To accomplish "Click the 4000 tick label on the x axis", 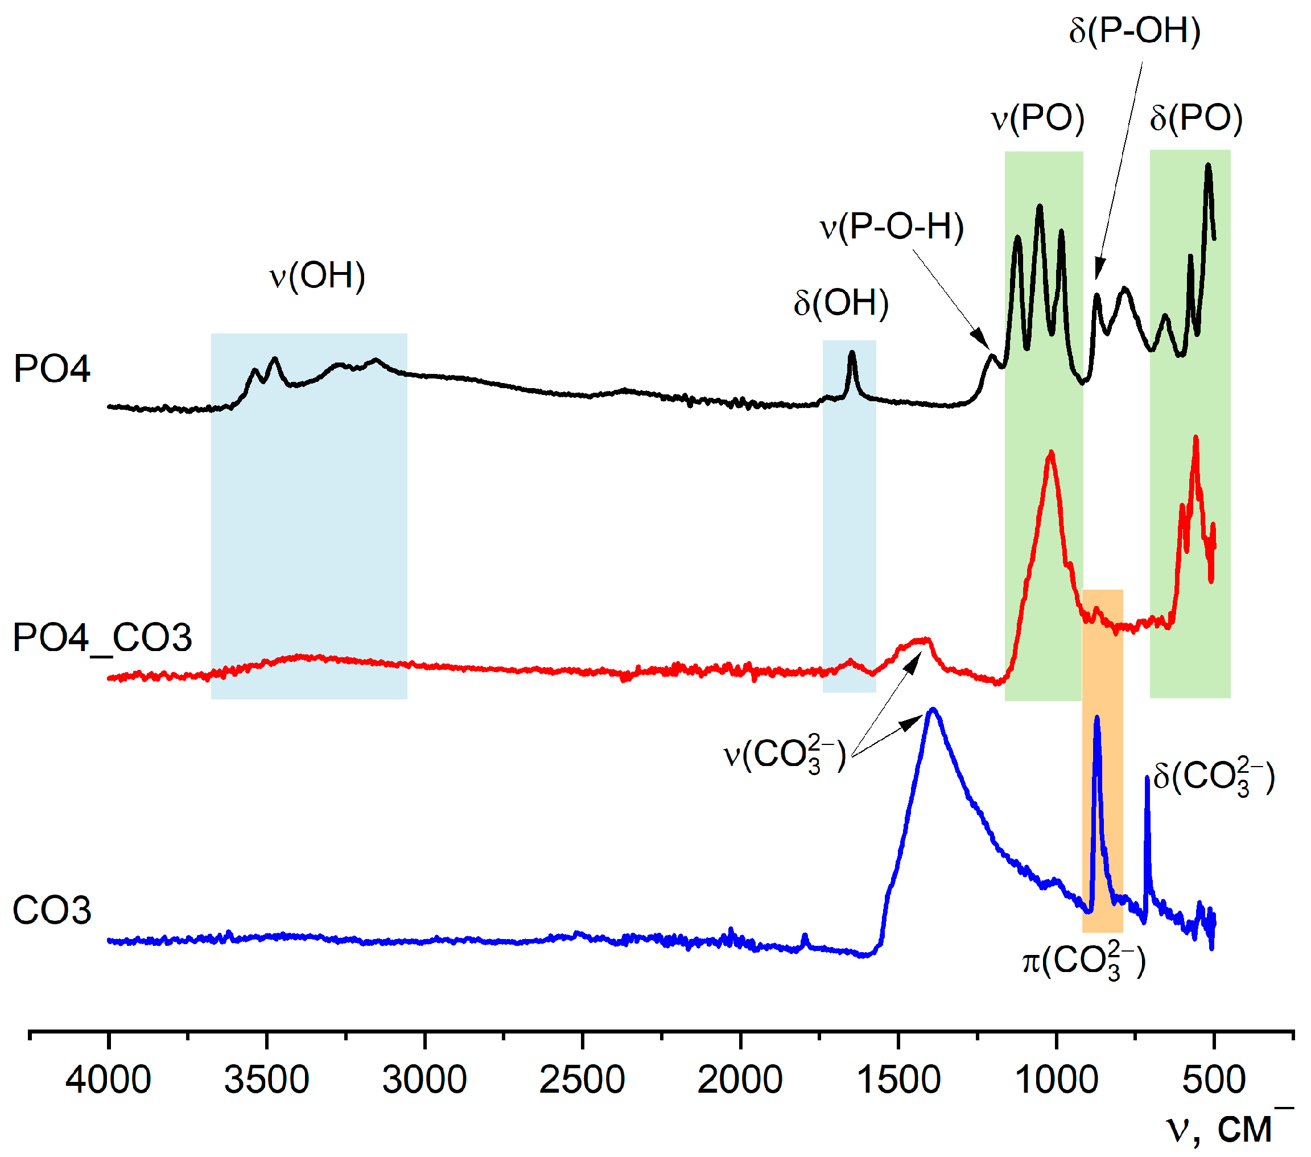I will (108, 1080).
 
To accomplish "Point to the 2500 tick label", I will (582, 1080).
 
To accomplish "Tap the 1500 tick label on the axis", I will (898, 1080).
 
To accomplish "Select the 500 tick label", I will (1214, 1080).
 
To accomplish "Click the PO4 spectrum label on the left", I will (52, 369).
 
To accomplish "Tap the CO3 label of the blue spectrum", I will (52, 911).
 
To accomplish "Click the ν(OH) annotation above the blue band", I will (318, 277).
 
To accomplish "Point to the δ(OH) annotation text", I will (842, 303).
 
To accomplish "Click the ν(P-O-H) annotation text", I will (892, 227).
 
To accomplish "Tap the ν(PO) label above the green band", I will (1038, 118).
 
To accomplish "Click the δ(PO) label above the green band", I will (1196, 118).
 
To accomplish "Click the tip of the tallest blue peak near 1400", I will (934, 710).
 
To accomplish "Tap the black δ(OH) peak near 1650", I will (852, 352).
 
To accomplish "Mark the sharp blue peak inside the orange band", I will (1097, 718).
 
